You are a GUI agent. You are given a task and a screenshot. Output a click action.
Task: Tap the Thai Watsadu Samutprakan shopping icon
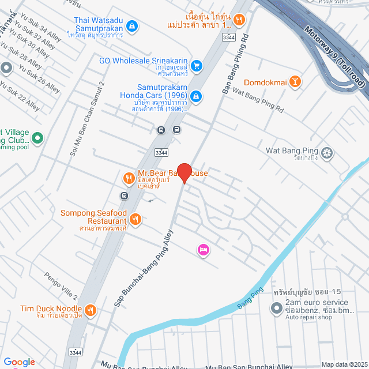pyautogui.click(x=133, y=25)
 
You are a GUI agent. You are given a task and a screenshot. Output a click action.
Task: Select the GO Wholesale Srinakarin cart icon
pyautogui.click(x=196, y=66)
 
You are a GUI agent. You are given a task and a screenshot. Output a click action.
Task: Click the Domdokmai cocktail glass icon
pyautogui.click(x=295, y=82)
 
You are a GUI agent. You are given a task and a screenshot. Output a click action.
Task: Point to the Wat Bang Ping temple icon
pyautogui.click(x=327, y=153)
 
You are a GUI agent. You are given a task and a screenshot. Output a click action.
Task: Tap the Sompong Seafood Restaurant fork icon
pyautogui.click(x=135, y=219)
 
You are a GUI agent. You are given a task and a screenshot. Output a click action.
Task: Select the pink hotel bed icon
pyautogui.click(x=203, y=249)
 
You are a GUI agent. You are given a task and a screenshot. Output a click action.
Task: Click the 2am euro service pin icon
pyautogui.click(x=276, y=306)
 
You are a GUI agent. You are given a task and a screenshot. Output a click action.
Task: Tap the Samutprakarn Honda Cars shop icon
pyautogui.click(x=196, y=95)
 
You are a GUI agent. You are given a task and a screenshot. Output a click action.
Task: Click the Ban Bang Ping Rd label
pyautogui.click(x=235, y=63)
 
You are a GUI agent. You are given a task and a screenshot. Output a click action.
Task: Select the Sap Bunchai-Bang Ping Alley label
pyautogui.click(x=144, y=268)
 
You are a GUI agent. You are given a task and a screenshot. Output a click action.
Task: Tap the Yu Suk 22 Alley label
pyautogui.click(x=21, y=101)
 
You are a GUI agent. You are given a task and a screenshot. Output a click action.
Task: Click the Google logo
pyautogui.click(x=19, y=362)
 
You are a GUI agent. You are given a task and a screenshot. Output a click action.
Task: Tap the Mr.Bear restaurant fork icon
pyautogui.click(x=128, y=178)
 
